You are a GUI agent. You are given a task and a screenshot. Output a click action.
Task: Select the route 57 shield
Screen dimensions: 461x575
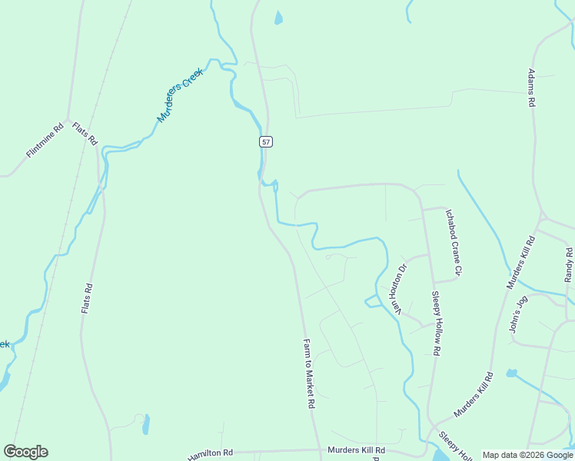click(x=266, y=141)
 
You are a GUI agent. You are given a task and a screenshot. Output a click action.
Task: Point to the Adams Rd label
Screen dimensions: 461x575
click(x=531, y=88)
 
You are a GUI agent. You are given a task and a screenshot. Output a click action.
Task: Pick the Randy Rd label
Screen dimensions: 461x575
click(x=569, y=265)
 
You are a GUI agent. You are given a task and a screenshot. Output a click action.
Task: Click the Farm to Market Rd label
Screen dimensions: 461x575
click(x=309, y=373)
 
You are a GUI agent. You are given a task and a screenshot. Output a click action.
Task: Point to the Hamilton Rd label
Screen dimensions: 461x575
click(x=210, y=455)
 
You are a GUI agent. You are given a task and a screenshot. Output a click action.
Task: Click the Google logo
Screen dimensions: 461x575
click(x=25, y=452)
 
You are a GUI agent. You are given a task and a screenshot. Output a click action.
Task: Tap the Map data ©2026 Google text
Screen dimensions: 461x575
click(x=527, y=455)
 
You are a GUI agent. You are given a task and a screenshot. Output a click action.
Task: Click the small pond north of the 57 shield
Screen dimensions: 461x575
click(x=278, y=18)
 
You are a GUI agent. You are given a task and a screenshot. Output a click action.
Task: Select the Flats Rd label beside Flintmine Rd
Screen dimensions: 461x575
click(x=85, y=134)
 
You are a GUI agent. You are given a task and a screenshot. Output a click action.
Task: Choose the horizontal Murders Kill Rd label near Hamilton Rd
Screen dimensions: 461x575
click(x=356, y=450)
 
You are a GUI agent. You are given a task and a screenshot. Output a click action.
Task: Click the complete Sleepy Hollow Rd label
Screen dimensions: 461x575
click(x=435, y=323)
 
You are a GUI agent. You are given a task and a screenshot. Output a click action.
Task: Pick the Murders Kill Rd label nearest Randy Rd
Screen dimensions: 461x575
click(x=520, y=263)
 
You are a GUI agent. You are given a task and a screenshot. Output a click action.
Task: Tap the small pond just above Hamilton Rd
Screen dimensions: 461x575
click(x=146, y=424)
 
